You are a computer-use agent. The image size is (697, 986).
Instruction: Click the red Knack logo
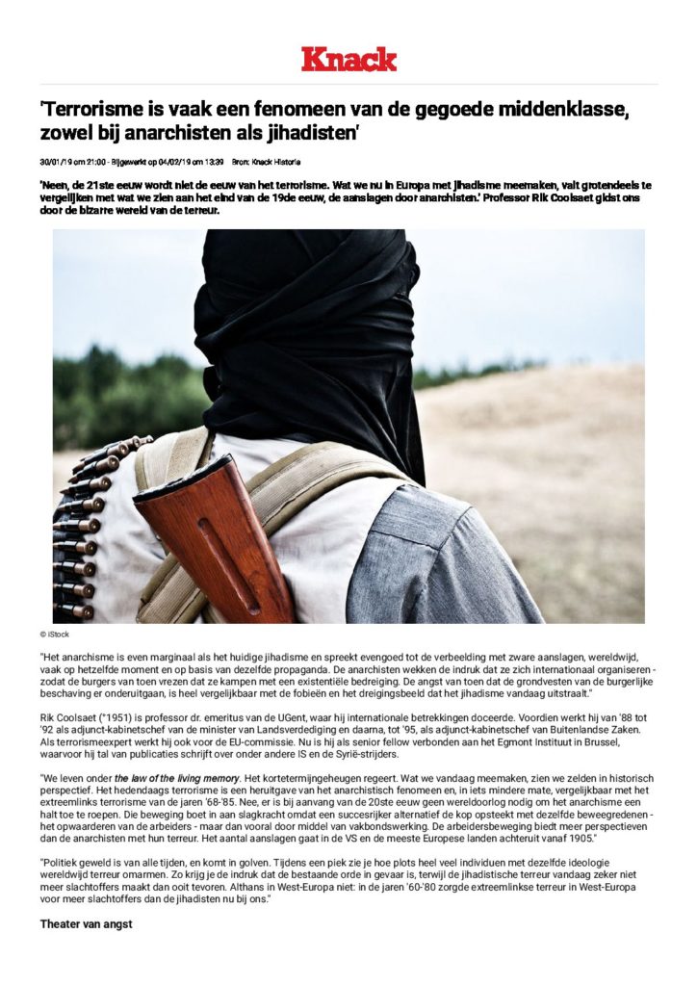[348, 59]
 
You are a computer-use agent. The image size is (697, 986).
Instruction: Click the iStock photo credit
[55, 635]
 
